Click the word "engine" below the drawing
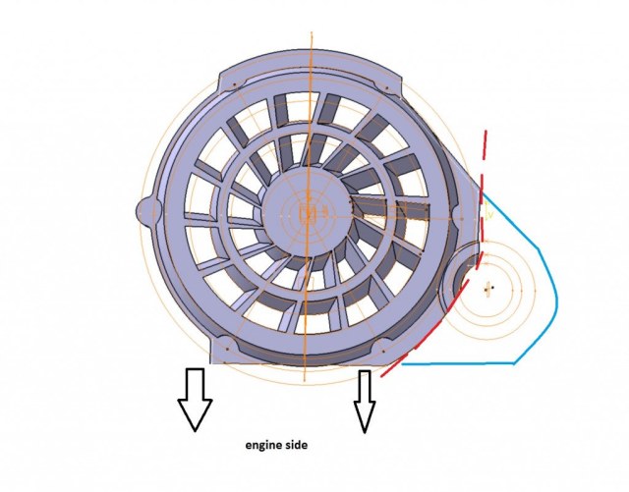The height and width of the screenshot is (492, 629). (263, 446)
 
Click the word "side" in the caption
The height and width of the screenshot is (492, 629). (296, 445)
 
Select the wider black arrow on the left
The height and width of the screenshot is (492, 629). (195, 400)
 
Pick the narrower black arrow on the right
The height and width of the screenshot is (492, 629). (365, 402)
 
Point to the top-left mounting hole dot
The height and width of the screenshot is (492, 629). (234, 84)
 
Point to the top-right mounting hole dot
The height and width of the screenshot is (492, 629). (386, 87)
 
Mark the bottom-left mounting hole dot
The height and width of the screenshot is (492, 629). (227, 349)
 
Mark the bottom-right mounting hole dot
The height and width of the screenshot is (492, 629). (383, 352)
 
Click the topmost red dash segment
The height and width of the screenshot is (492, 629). (486, 143)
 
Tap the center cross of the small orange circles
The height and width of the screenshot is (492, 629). (487, 288)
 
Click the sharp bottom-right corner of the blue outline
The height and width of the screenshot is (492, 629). (514, 363)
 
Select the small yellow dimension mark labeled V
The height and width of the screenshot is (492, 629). (488, 212)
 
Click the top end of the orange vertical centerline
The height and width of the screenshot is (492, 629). (312, 31)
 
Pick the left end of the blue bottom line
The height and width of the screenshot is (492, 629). (402, 364)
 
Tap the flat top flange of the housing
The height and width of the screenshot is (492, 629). (311, 68)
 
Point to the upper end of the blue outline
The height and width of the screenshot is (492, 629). (484, 194)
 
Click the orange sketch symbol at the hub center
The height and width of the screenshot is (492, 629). (308, 212)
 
